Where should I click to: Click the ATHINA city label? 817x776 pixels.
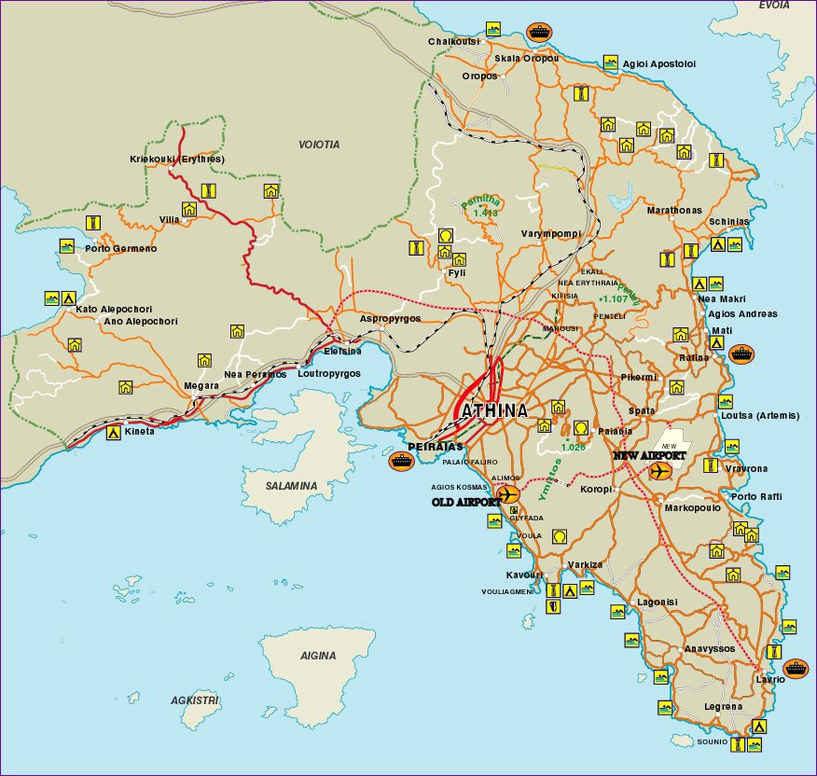[491, 411]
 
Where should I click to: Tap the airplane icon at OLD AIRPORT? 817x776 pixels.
[508, 494]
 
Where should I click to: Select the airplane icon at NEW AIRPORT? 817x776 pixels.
[659, 472]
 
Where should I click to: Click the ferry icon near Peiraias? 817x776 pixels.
[401, 459]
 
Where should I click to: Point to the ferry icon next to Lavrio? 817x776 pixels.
[796, 668]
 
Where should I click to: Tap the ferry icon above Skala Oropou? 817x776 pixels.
[538, 31]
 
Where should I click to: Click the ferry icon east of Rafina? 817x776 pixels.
[741, 354]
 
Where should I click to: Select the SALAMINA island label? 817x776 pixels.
[290, 486]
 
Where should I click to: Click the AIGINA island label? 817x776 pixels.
[318, 656]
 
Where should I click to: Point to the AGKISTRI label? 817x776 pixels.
[194, 700]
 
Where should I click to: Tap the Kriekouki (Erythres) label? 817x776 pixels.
[177, 159]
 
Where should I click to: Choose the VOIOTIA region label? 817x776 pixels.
[319, 145]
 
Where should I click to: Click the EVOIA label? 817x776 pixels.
[774, 6]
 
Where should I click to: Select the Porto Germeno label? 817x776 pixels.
[121, 249]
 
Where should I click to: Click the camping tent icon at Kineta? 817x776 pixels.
[113, 433]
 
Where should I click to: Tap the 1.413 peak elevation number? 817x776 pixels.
[486, 214]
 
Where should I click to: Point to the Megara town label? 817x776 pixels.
[201, 385]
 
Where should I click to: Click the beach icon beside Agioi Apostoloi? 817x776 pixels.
[610, 62]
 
